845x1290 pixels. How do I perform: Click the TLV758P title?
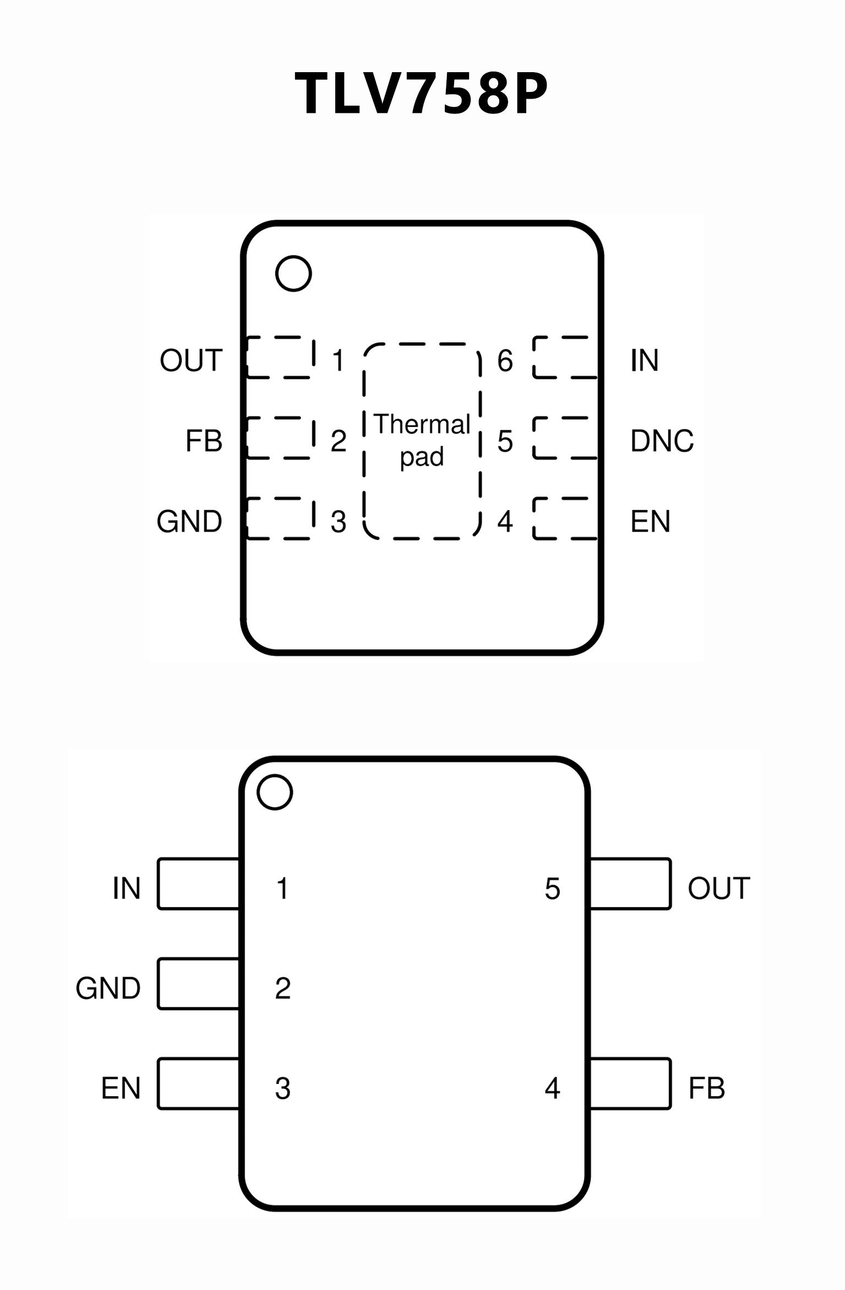pyautogui.click(x=422, y=94)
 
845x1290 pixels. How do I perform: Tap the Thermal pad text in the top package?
pyautogui.click(x=422, y=440)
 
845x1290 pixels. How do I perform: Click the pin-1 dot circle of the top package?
pyautogui.click(x=293, y=274)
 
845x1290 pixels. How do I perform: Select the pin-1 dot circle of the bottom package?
pyautogui.click(x=275, y=792)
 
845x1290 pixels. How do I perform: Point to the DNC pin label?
pyautogui.click(x=662, y=441)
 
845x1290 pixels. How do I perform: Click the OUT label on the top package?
pyautogui.click(x=191, y=360)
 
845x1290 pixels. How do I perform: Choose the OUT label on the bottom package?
pyautogui.click(x=718, y=888)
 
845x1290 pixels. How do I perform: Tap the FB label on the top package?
pyautogui.click(x=204, y=441)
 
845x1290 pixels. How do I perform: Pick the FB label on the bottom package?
pyautogui.click(x=706, y=1088)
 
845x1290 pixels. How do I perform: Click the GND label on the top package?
pyautogui.click(x=189, y=521)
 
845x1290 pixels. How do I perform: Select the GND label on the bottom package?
pyautogui.click(x=108, y=988)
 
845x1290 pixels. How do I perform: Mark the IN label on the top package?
pyautogui.click(x=644, y=360)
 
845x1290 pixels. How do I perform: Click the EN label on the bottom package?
pyautogui.click(x=121, y=1088)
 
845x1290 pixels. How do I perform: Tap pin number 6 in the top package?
pyautogui.click(x=505, y=361)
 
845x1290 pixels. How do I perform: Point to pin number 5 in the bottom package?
pyautogui.click(x=552, y=888)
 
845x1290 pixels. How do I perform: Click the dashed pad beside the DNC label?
pyautogui.click(x=565, y=438)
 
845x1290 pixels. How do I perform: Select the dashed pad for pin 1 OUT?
pyautogui.click(x=280, y=357)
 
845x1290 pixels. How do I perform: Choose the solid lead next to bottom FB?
pyautogui.click(x=630, y=1083)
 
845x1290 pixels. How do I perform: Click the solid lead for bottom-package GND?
pyautogui.click(x=199, y=984)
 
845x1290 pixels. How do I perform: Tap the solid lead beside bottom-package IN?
pyautogui.click(x=199, y=884)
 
